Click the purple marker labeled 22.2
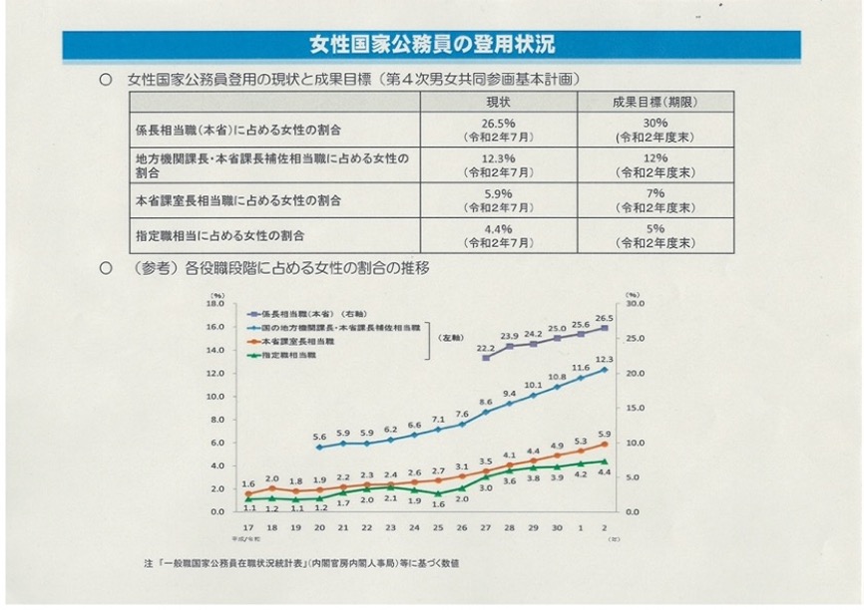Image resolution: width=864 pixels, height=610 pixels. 485,358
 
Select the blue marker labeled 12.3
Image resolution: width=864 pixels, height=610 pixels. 605,370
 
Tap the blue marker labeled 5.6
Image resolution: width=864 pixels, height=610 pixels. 318,448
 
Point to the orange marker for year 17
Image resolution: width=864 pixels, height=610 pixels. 247,493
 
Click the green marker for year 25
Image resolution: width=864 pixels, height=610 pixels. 437,493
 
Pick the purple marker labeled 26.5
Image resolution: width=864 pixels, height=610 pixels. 605,327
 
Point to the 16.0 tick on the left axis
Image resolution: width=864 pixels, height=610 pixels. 218,326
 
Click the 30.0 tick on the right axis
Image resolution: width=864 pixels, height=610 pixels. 636,303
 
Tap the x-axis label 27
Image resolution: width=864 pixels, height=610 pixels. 485,526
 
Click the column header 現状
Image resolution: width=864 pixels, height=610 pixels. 499,102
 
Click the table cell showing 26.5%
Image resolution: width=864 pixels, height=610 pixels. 499,131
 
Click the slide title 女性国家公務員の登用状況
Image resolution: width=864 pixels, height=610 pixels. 432,45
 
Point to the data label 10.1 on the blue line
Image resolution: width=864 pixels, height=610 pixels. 533,385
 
